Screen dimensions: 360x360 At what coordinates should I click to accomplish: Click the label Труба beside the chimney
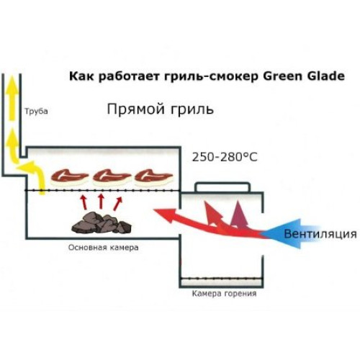(x=36, y=112)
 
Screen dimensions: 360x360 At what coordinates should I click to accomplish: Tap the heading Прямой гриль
(x=160, y=109)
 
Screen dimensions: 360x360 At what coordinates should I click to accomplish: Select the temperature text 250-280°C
(x=225, y=158)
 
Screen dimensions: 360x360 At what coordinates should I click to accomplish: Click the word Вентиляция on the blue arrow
(x=320, y=234)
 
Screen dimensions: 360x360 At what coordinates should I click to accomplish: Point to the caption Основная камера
(x=104, y=247)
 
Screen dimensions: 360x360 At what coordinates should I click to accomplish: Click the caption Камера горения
(x=224, y=294)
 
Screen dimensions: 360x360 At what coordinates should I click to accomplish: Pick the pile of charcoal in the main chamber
(x=102, y=222)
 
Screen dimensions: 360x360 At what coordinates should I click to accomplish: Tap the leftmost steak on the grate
(x=69, y=177)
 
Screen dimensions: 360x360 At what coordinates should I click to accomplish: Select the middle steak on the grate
(x=112, y=177)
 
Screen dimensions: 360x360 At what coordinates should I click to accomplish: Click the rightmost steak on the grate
(x=153, y=177)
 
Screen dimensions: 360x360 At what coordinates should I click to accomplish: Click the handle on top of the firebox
(x=222, y=186)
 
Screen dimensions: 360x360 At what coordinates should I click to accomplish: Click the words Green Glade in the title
(x=304, y=76)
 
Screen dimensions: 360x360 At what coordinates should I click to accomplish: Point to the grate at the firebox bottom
(x=222, y=279)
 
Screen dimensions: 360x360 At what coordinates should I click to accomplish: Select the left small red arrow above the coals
(x=84, y=203)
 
